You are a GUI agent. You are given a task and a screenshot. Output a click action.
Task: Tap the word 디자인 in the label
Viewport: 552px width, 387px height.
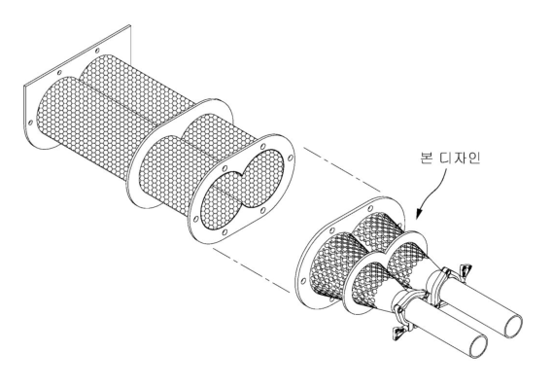[460, 158]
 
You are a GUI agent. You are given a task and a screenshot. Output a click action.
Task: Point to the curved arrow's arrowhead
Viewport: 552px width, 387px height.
[418, 214]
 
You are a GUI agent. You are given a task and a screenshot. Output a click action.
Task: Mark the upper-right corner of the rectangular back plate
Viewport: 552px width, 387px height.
[130, 24]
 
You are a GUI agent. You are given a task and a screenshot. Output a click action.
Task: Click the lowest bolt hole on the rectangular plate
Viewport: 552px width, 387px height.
[31, 123]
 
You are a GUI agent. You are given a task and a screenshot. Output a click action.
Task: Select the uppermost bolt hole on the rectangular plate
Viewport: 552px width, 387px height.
[98, 51]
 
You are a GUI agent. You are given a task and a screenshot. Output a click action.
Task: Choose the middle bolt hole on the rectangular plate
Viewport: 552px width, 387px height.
[59, 73]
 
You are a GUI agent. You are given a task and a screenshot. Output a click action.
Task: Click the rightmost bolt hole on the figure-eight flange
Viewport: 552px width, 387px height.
[290, 158]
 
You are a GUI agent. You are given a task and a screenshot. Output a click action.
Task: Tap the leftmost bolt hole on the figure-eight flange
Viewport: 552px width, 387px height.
[194, 219]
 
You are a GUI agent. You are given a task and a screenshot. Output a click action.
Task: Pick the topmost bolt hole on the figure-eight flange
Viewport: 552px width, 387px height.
[262, 147]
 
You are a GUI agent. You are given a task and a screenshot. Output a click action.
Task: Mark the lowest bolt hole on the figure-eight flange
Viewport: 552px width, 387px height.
[225, 232]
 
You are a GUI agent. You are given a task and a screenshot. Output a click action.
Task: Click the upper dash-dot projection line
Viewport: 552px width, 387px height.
[342, 171]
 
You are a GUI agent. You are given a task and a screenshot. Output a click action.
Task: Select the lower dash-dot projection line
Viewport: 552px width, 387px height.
[252, 269]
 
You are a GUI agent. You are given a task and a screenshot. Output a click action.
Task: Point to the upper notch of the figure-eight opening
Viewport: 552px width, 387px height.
[241, 172]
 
